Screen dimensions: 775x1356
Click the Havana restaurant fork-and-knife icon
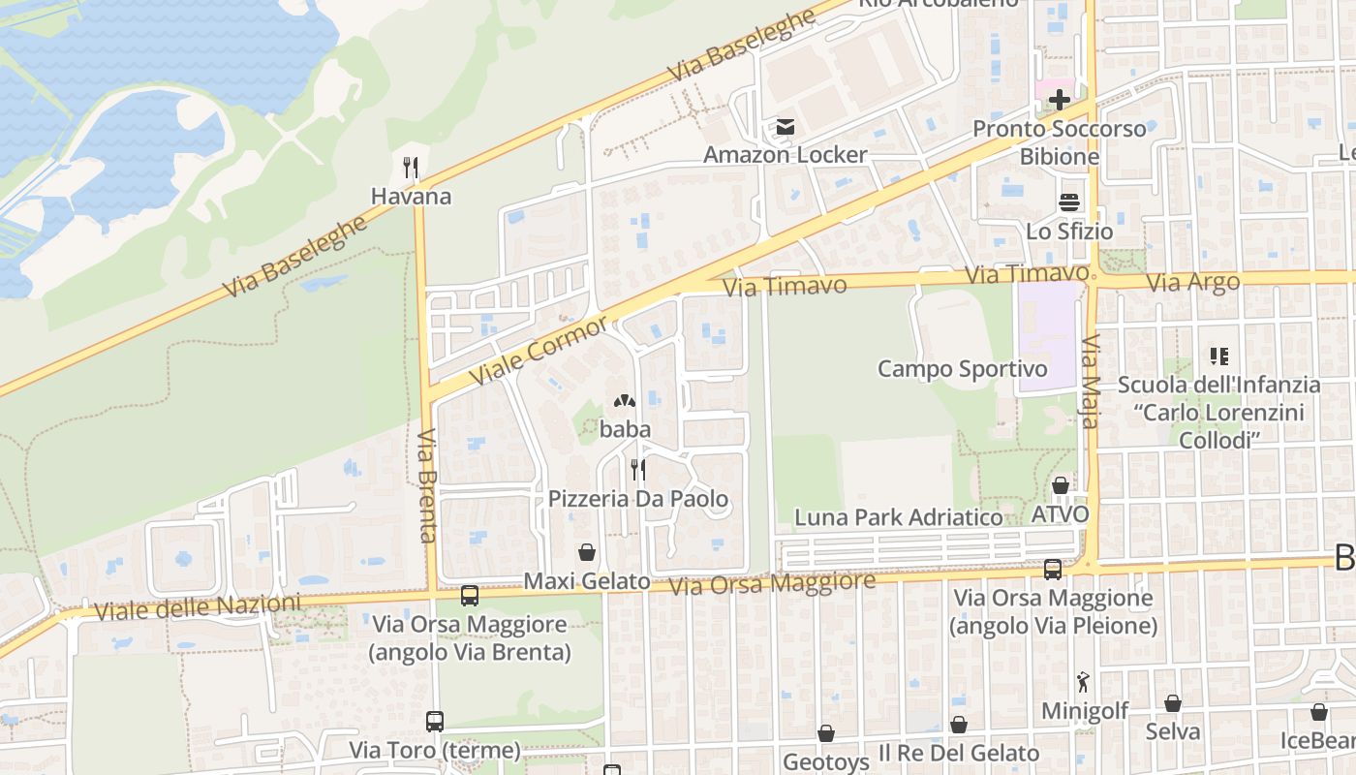coord(411,168)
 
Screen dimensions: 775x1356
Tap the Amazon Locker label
coord(785,155)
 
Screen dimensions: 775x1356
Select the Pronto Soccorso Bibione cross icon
coord(1059,99)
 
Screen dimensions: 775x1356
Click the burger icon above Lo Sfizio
coord(1069,202)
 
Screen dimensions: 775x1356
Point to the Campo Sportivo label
coord(962,369)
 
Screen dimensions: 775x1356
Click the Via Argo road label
coord(1192,283)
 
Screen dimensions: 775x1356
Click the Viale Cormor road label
coord(539,349)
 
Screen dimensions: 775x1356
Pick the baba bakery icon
coord(625,400)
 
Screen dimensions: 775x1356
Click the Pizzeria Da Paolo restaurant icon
coord(637,470)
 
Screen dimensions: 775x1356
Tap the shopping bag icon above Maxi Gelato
coord(586,553)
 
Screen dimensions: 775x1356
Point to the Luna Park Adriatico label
coord(898,517)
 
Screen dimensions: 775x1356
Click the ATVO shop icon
coord(1061,485)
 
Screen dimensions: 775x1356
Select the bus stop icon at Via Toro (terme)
coord(435,722)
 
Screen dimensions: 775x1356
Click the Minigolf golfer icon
coord(1083,682)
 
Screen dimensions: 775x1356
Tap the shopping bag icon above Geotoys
coord(826,734)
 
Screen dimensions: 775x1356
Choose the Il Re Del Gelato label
coord(958,753)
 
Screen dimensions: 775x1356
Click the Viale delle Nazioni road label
coord(198,607)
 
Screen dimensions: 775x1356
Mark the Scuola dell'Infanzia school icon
coord(1218,356)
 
